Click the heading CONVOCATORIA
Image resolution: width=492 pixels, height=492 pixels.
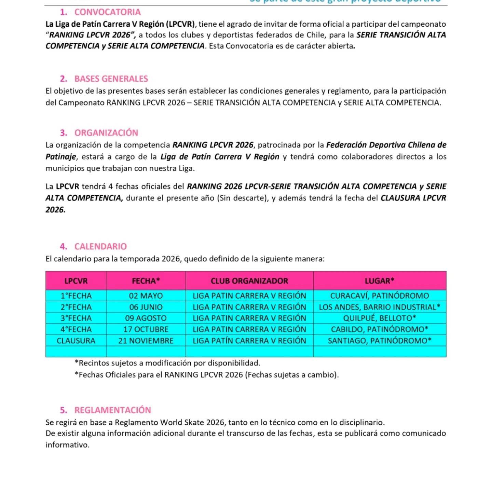(107, 12)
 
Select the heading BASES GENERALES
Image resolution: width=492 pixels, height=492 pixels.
(111, 79)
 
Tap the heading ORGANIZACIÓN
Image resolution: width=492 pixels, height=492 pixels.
(106, 133)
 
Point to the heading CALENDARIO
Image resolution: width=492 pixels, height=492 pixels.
(100, 247)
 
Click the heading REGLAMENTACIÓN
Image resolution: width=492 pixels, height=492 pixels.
(112, 410)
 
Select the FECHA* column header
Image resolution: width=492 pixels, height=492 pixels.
(146, 281)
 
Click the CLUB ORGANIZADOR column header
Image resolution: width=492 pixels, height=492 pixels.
(249, 281)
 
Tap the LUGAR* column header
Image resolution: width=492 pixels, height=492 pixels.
(380, 281)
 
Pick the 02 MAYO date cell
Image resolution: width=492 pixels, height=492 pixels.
(146, 296)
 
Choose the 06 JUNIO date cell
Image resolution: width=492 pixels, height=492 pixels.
(146, 307)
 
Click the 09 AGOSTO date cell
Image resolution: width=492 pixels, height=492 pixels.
(146, 318)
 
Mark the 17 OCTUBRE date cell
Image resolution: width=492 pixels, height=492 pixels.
(146, 330)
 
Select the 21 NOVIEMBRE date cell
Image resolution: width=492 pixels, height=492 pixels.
(146, 341)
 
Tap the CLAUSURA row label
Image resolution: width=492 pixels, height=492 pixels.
(76, 341)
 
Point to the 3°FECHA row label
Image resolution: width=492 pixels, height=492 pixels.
(76, 318)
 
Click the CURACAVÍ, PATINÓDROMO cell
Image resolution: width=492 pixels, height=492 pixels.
(380, 296)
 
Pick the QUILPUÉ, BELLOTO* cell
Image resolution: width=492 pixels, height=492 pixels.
(380, 318)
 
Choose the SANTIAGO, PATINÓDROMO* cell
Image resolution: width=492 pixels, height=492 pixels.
(380, 341)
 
